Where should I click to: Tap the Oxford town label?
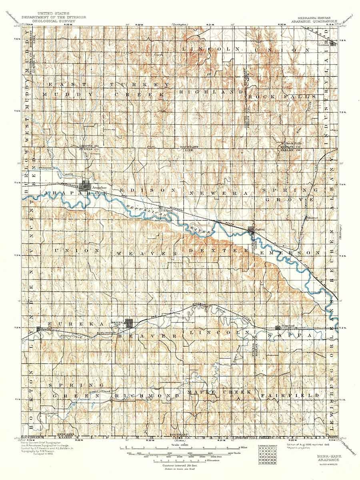[260, 230]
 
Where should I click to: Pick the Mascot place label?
[312, 218]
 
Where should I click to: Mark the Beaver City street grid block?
[128, 323]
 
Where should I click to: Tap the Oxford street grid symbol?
[251, 230]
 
